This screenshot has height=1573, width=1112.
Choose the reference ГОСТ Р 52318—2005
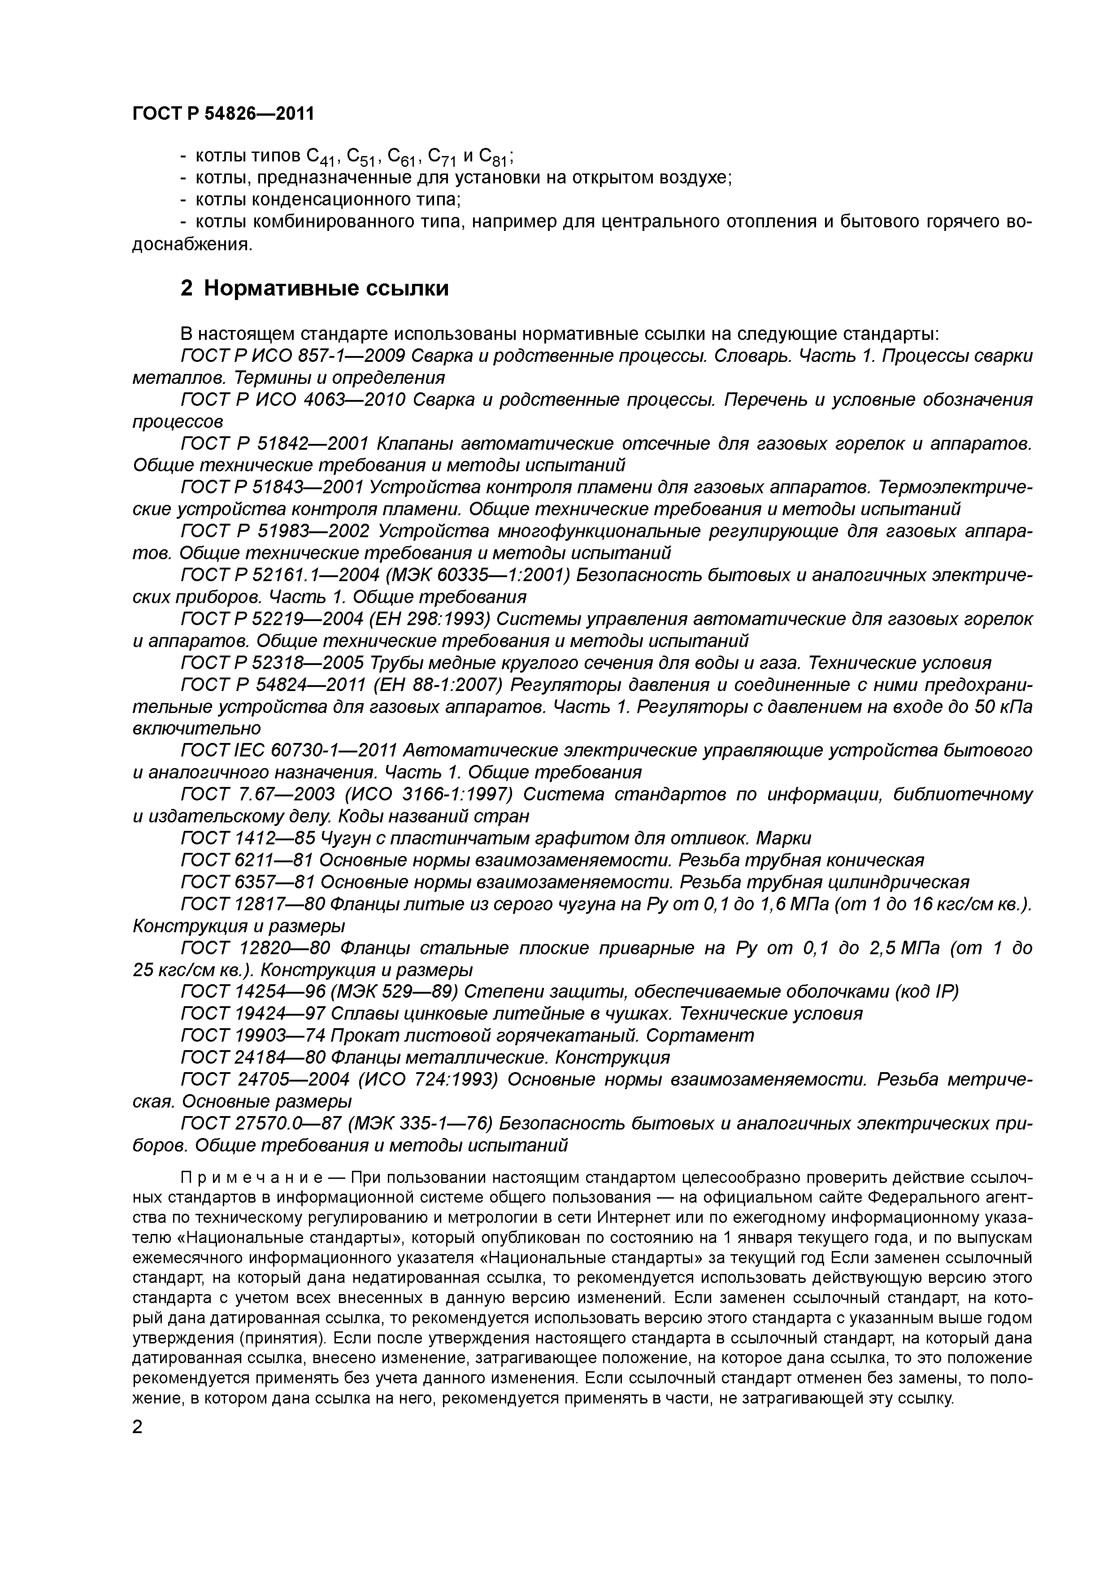pyautogui.click(x=272, y=662)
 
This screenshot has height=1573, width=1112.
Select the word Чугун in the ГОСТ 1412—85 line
pyautogui.click(x=347, y=838)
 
